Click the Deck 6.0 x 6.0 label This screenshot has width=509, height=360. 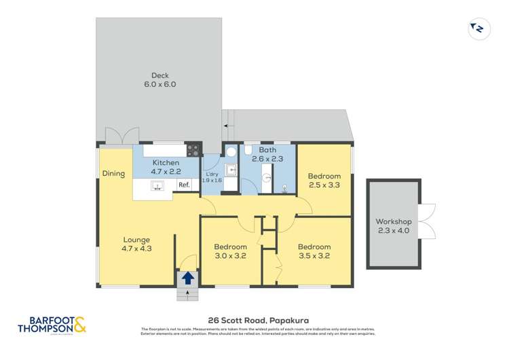click(x=159, y=80)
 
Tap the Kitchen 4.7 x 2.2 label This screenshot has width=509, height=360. click(x=166, y=167)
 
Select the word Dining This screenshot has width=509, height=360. click(x=113, y=174)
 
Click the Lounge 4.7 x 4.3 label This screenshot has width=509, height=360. click(x=136, y=244)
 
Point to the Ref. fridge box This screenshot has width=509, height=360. click(x=183, y=185)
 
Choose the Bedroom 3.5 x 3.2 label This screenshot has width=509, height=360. click(x=314, y=251)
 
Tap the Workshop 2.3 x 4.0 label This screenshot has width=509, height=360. click(x=394, y=226)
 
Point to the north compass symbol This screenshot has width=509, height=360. click(x=477, y=28)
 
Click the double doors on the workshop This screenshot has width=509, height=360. click(x=426, y=222)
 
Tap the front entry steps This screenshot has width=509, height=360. click(x=187, y=294)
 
